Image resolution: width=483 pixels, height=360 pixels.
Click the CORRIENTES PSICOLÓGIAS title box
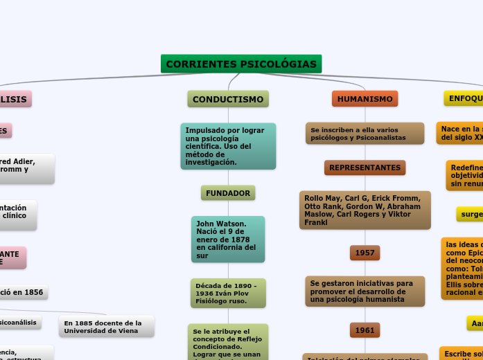click(241, 64)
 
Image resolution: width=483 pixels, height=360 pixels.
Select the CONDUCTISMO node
click(228, 99)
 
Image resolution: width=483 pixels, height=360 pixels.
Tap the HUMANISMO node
click(365, 99)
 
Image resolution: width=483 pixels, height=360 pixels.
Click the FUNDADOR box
click(228, 192)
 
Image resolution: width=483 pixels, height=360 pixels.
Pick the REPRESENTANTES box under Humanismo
click(365, 168)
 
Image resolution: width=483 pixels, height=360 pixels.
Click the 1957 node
click(365, 253)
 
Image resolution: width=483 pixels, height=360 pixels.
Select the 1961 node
click(365, 330)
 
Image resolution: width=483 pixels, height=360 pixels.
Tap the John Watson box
click(228, 240)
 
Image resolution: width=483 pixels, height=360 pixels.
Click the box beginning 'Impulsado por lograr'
click(228, 146)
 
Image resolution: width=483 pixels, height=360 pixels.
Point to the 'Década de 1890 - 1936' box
click(228, 293)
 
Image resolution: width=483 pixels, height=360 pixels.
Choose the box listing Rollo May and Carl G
click(365, 210)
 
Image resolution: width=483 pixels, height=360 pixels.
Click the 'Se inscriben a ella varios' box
click(365, 134)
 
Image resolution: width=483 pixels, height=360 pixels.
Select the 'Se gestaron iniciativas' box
click(365, 291)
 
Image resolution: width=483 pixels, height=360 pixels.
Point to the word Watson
click(231, 224)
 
